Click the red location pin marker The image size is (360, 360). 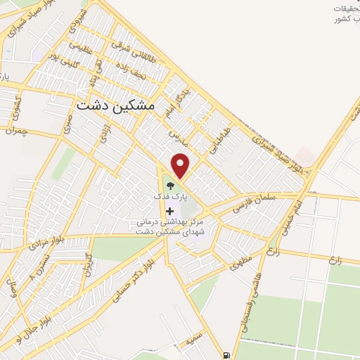[x=181, y=165]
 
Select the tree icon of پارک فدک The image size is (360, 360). [x=169, y=186]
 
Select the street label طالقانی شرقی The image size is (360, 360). [x=136, y=45]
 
